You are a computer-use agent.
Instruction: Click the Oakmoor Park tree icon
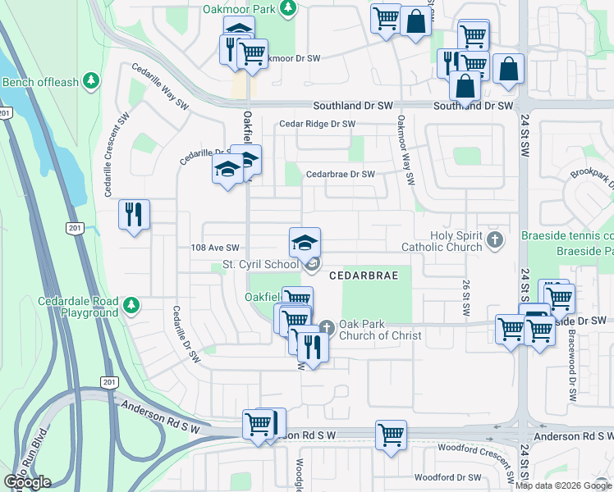point(287,9)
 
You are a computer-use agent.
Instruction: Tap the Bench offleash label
point(41,82)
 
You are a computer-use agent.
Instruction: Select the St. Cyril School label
point(260,265)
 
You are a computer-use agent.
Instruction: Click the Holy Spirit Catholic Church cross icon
point(494,240)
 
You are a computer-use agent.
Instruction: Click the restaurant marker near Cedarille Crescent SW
point(133,215)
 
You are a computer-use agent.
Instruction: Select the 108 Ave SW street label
point(214,248)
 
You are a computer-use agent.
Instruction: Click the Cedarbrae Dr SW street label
point(340,175)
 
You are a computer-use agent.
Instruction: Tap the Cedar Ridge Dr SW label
point(317,124)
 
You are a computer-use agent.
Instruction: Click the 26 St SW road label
point(465,298)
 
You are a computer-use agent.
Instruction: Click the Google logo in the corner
point(27,482)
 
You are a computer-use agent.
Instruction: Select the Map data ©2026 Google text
point(563,485)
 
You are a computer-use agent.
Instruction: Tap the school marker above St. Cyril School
point(305,242)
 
